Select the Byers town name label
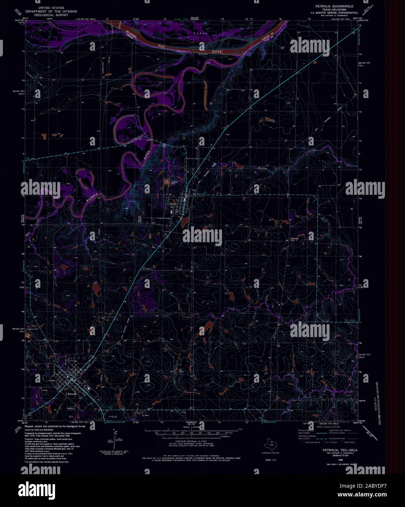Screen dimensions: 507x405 [x=172, y=204]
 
